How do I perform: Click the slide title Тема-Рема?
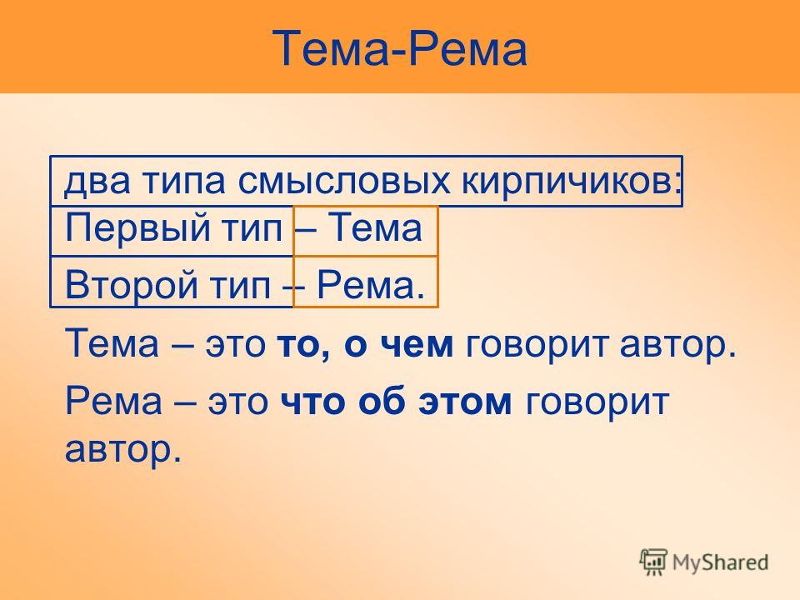[399, 48]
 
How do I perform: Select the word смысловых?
[344, 181]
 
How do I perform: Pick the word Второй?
[131, 286]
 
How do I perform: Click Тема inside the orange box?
[375, 227]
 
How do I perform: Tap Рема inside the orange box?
[371, 285]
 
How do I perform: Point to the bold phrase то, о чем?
[365, 344]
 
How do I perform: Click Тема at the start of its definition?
[112, 342]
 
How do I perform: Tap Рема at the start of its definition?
[113, 401]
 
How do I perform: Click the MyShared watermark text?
[720, 562]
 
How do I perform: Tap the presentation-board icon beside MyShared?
[653, 561]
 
